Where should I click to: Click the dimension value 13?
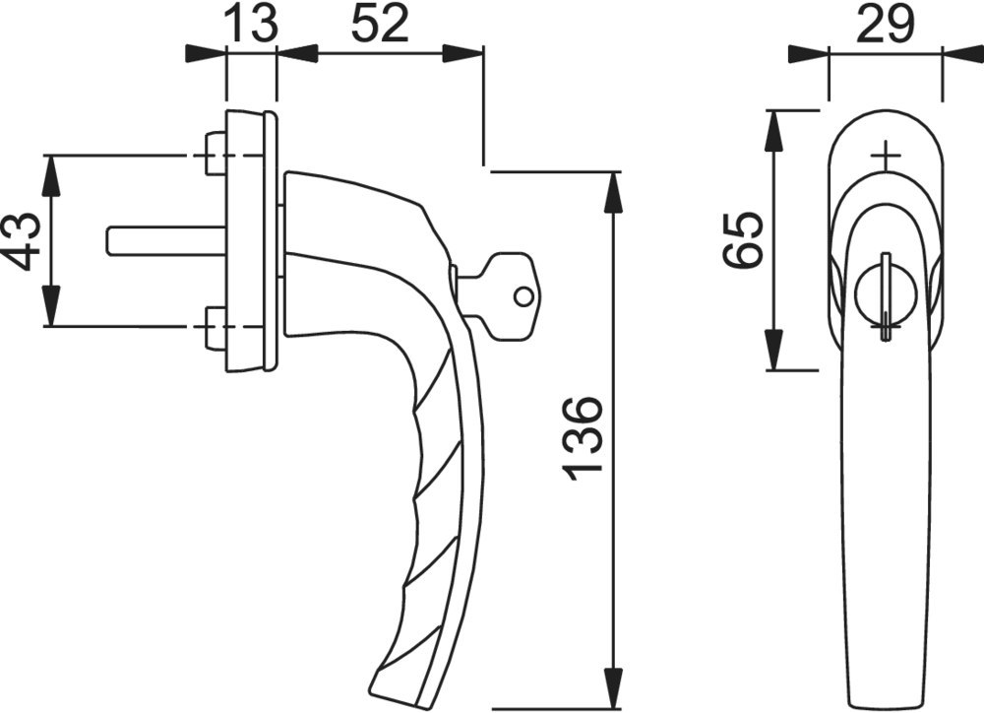[x=250, y=24]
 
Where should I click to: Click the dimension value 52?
[x=380, y=24]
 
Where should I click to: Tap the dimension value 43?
[x=23, y=240]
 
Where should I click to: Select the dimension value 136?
[x=584, y=438]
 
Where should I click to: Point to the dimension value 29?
[x=885, y=24]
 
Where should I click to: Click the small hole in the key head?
[x=523, y=295]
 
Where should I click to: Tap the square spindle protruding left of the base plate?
[x=167, y=241]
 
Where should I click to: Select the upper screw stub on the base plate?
[x=215, y=154]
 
